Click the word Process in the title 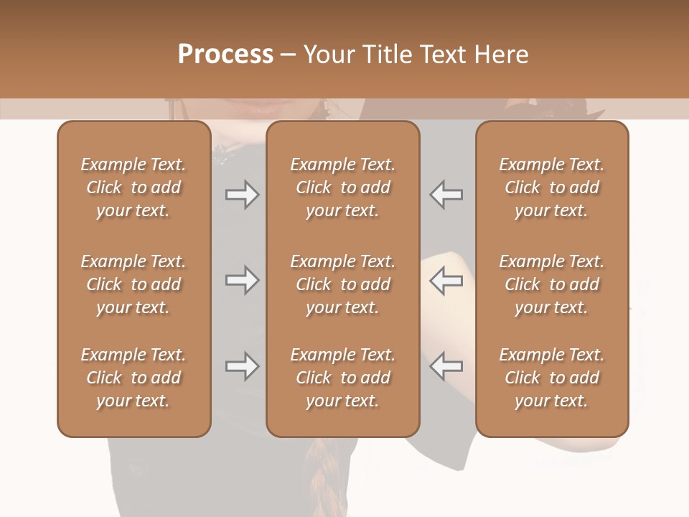coord(225,54)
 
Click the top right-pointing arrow coord(242,195)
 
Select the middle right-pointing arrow coord(242,280)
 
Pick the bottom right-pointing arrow coord(242,366)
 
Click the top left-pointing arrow coord(446,195)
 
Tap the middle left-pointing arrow coord(446,280)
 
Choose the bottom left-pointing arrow coord(446,366)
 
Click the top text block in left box coord(133,187)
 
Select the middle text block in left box coord(133,284)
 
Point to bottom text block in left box coord(133,378)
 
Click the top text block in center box coord(342,187)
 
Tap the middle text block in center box coord(342,284)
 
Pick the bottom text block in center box coord(342,378)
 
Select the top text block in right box coord(551,187)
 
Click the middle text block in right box coord(551,284)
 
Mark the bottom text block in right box coord(551,378)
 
